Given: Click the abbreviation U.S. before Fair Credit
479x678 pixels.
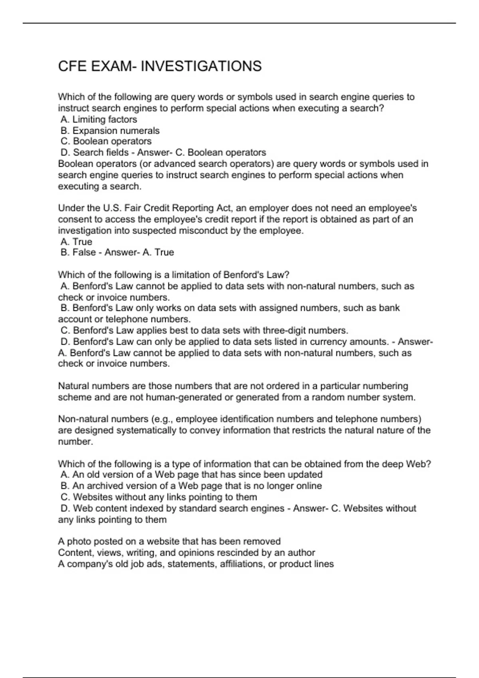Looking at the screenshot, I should pos(112,208).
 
